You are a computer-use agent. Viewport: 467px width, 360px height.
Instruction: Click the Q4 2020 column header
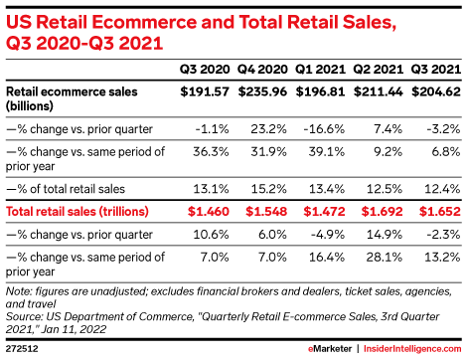click(x=262, y=70)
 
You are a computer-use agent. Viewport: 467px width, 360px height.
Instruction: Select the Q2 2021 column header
click(x=378, y=70)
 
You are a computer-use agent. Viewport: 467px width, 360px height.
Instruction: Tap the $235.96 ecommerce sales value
click(x=262, y=91)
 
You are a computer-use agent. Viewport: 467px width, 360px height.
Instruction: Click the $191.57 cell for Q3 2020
click(x=205, y=91)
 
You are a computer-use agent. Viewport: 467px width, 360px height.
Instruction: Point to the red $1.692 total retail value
click(x=382, y=212)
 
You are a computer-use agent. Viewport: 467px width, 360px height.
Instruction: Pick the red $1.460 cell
click(x=209, y=212)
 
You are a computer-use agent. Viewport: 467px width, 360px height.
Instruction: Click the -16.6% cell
click(x=324, y=128)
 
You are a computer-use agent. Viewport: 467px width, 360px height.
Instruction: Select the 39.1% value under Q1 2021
click(x=327, y=152)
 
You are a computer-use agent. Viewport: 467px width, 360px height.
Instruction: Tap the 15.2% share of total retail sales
click(x=268, y=189)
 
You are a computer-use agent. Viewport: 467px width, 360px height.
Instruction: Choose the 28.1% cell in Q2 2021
click(x=385, y=258)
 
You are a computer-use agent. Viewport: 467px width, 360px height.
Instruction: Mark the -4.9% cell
click(x=328, y=235)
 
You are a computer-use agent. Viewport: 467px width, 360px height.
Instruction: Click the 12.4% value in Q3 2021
click(x=442, y=189)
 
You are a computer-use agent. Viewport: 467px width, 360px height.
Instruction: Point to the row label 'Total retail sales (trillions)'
click(x=78, y=212)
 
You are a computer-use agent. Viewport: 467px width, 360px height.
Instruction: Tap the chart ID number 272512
click(x=22, y=349)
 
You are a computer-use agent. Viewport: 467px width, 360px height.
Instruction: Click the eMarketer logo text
click(x=330, y=349)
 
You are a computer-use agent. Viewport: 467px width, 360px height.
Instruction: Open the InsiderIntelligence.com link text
click(x=412, y=349)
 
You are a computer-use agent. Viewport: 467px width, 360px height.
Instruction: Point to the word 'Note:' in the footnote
click(x=19, y=291)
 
